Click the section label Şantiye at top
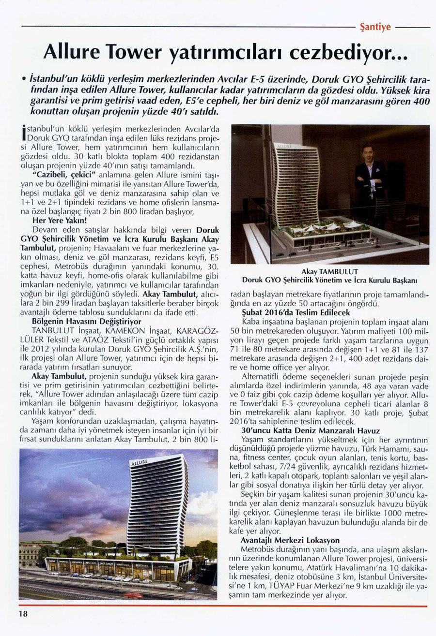(376, 27)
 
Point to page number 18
(24, 614)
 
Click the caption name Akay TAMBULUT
(329, 271)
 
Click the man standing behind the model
(370, 174)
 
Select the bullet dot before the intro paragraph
(23, 78)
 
